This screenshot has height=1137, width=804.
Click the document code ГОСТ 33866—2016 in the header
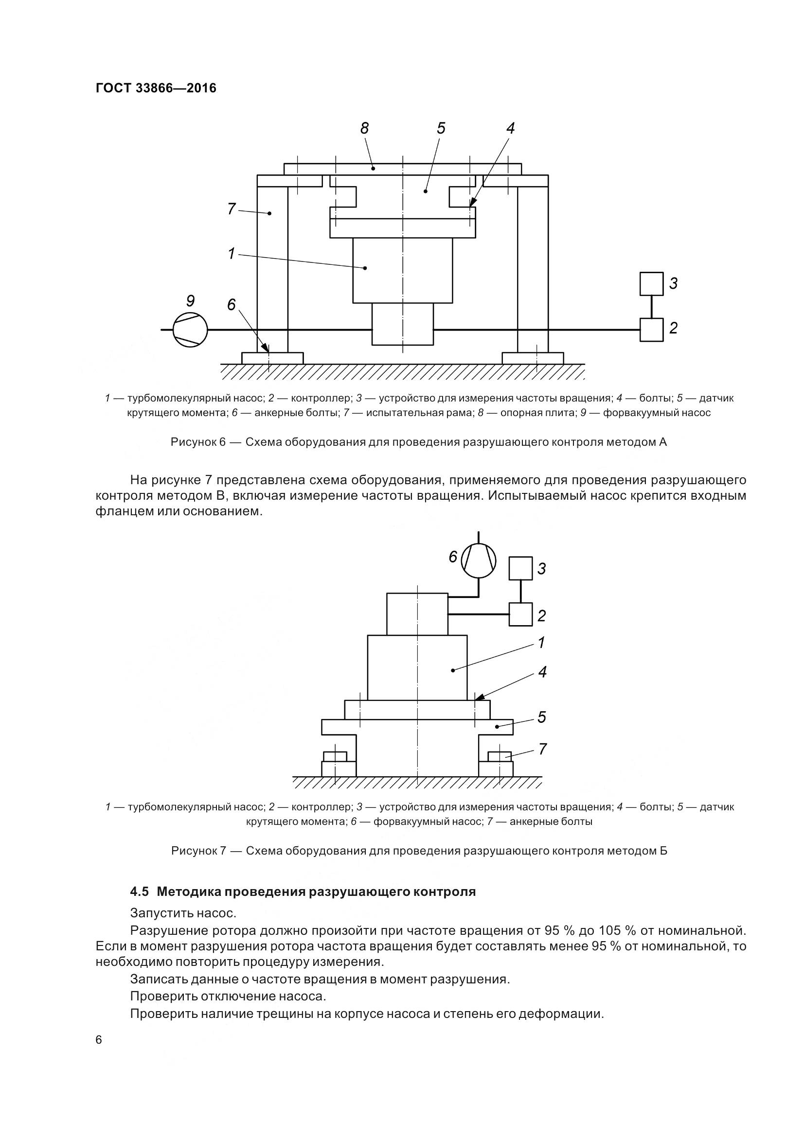(156, 88)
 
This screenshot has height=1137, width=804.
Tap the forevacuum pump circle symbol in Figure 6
(190, 329)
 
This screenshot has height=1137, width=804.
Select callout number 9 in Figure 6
(190, 300)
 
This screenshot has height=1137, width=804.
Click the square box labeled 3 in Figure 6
(651, 284)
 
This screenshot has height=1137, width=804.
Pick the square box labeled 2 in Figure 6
(651, 329)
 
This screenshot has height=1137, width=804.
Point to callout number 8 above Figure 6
(365, 129)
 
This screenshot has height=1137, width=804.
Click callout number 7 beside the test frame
(232, 209)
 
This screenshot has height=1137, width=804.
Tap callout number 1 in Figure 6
(232, 254)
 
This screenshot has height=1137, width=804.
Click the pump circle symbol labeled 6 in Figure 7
(479, 560)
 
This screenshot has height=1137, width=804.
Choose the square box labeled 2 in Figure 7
(520, 614)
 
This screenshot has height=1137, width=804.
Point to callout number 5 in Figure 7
(542, 717)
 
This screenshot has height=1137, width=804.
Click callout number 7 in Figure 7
(542, 749)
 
